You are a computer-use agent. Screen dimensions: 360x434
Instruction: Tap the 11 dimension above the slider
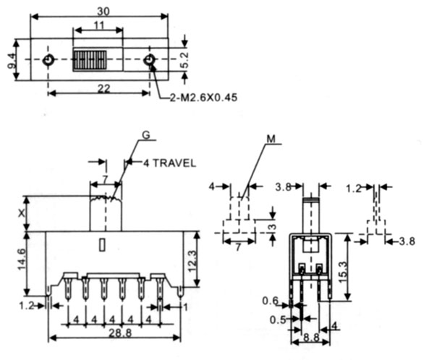pos(98,25)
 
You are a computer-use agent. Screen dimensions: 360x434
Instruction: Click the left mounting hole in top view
pos(48,60)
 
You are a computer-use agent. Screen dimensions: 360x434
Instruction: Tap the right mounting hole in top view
pos(150,60)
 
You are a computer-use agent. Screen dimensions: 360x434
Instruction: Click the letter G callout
pos(145,134)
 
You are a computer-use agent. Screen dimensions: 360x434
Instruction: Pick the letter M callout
pos(271,137)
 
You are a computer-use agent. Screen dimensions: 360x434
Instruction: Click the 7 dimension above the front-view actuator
pos(105,179)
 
